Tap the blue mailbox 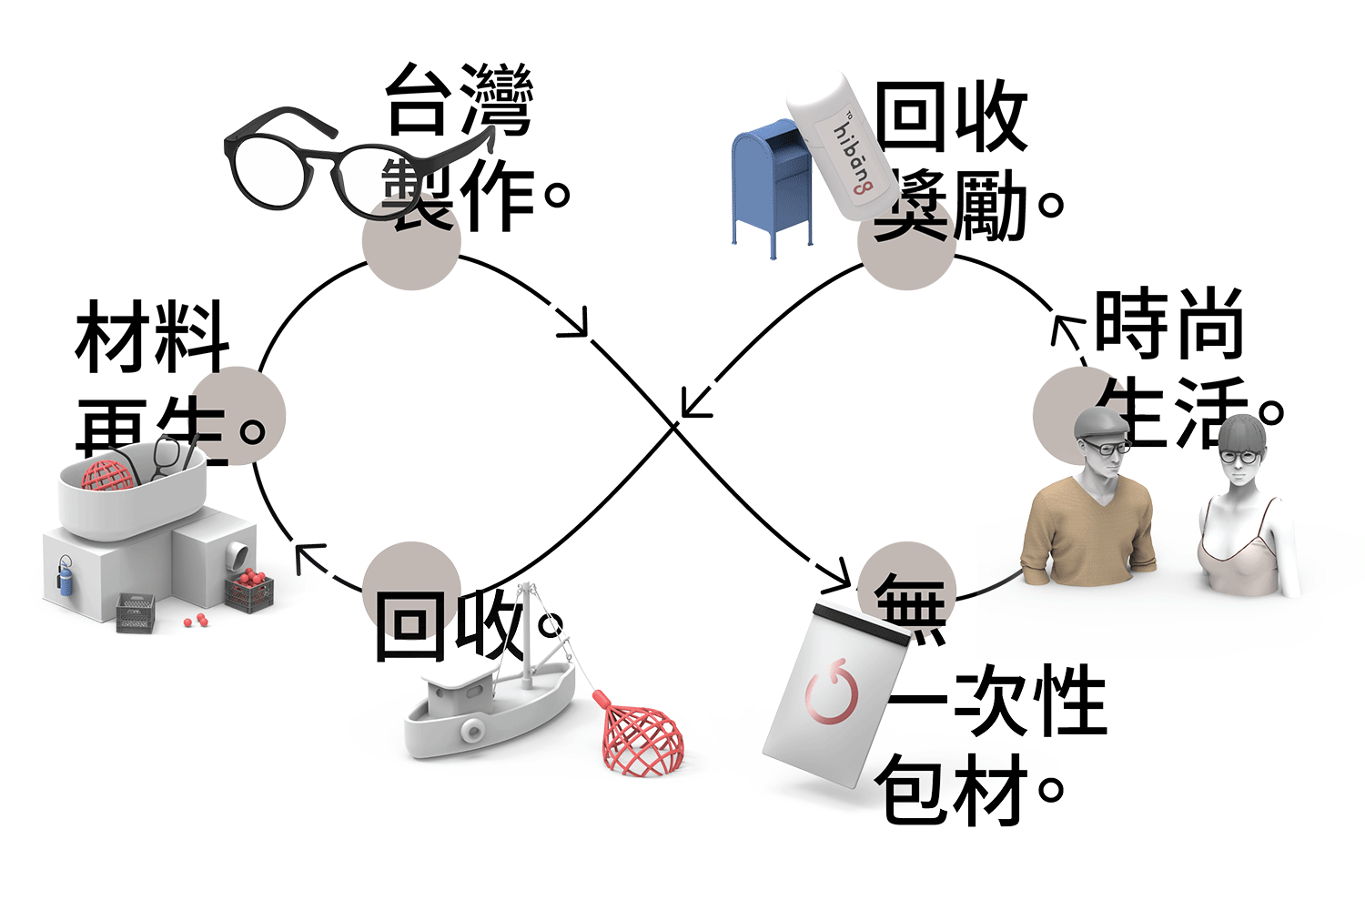(x=769, y=177)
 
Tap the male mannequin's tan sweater (x=1087, y=532)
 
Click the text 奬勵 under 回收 (x=951, y=205)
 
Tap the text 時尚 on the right (x=1169, y=323)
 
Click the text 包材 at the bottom (x=951, y=787)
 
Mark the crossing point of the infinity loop (x=674, y=424)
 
